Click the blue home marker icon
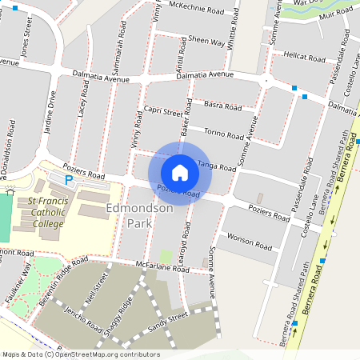coord(180,173)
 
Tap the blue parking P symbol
coord(69,182)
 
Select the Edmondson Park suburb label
coord(139,215)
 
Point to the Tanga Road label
coord(217,166)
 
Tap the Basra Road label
coord(222,105)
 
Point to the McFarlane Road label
coord(162,267)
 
